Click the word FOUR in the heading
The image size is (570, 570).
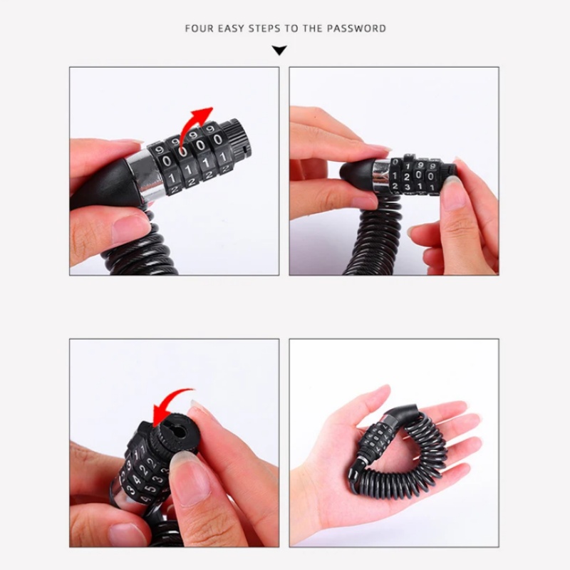point(199,29)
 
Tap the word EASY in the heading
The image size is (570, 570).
point(234,29)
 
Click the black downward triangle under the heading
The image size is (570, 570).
point(280,51)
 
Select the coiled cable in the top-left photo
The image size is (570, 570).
point(142,246)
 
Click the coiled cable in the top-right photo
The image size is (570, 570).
point(370,242)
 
